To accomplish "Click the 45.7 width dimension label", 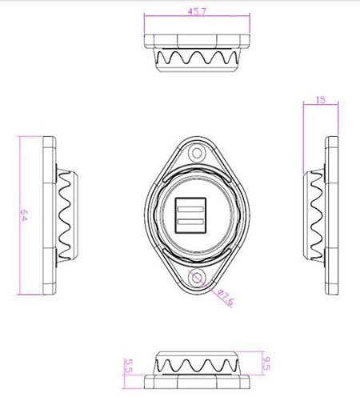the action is (197, 12).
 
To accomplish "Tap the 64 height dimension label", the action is (24, 215).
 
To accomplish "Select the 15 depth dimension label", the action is (321, 100).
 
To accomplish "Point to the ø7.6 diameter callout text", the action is (226, 297).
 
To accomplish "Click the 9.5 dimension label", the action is (266, 363).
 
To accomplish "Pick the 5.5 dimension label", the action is (129, 366).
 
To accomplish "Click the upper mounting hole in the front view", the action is (197, 154).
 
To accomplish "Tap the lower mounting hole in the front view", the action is (197, 278).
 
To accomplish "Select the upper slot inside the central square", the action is (190, 209).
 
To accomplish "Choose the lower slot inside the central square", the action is (190, 222).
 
